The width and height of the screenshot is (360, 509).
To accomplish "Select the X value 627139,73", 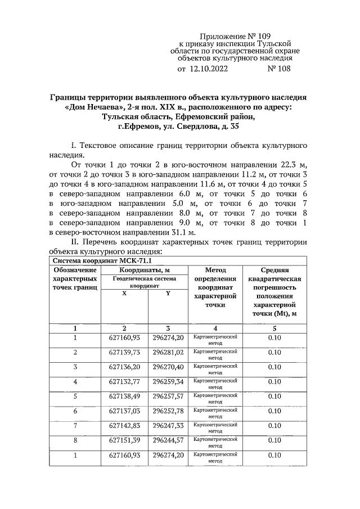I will (x=124, y=352).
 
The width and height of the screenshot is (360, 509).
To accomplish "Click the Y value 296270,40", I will (x=168, y=367).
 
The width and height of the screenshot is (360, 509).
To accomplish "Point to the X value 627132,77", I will (x=124, y=382).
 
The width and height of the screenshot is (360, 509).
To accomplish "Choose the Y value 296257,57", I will (x=168, y=396).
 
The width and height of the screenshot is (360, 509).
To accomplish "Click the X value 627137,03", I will (x=124, y=411).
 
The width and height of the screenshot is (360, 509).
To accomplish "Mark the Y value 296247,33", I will (x=168, y=426).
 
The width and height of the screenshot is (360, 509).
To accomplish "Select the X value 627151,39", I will (x=124, y=440).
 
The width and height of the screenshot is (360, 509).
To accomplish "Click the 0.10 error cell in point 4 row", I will (x=274, y=382).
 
